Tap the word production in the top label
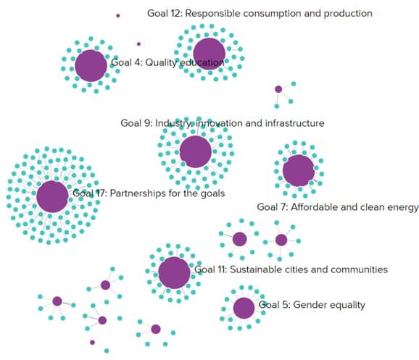pyautogui.click(x=348, y=14)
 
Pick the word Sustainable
pyautogui.click(x=256, y=269)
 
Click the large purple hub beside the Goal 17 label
pyautogui.click(x=52, y=196)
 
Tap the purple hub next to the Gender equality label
pyautogui.click(x=244, y=308)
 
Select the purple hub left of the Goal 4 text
pyautogui.click(x=91, y=66)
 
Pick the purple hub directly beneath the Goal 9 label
pyautogui.click(x=196, y=151)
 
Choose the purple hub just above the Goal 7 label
pyautogui.click(x=299, y=171)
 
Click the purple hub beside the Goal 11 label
pyautogui.click(x=174, y=273)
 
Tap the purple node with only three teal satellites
pyautogui.click(x=278, y=89)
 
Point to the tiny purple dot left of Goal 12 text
pyautogui.click(x=118, y=16)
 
